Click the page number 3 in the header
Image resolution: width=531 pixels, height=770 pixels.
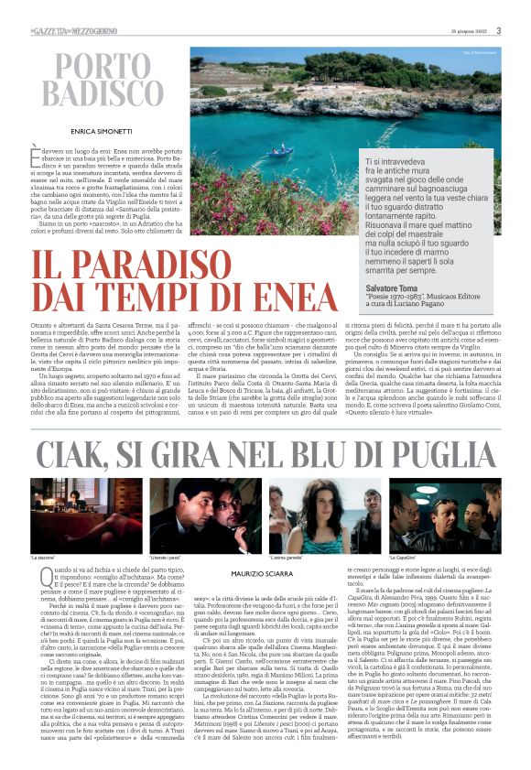coord(498,29)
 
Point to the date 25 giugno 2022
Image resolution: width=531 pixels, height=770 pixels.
coord(466,30)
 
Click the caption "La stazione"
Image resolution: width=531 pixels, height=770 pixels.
coord(45,556)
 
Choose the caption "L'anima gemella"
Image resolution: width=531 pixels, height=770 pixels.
coord(287,556)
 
